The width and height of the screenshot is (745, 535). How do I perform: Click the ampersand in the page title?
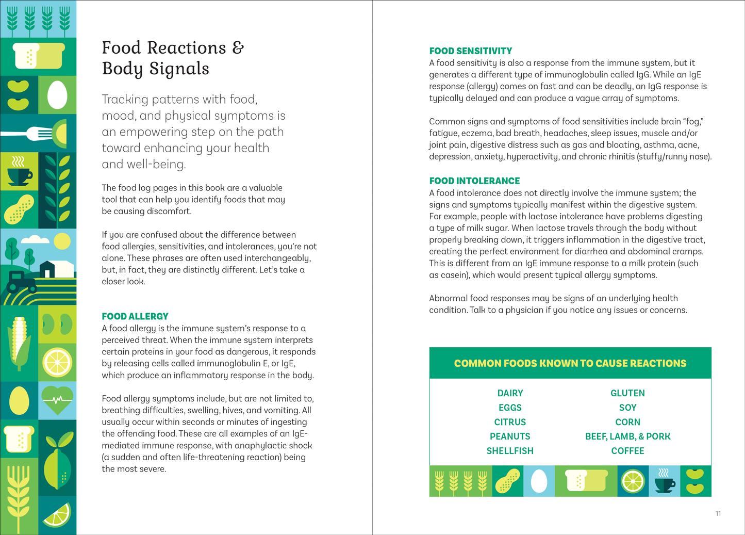(238, 48)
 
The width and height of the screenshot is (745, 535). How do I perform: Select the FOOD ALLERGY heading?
(135, 316)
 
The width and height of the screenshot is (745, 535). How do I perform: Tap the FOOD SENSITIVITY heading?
(471, 51)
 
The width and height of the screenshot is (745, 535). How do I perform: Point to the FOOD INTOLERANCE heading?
(474, 181)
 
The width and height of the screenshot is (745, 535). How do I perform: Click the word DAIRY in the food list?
(510, 393)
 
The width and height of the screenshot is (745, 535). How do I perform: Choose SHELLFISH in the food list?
(510, 451)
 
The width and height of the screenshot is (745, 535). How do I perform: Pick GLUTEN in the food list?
(627, 393)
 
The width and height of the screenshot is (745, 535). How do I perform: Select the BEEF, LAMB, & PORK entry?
(627, 436)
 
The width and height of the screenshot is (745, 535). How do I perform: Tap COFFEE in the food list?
(627, 451)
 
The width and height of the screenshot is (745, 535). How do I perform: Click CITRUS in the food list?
(510, 422)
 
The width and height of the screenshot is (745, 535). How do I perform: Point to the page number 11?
(718, 513)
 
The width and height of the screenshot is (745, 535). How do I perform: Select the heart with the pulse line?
(57, 400)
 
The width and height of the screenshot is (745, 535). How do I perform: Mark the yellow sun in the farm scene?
(62, 241)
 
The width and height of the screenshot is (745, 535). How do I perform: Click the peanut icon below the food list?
(507, 481)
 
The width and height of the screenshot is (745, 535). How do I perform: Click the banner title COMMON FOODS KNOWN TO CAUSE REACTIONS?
(570, 363)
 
